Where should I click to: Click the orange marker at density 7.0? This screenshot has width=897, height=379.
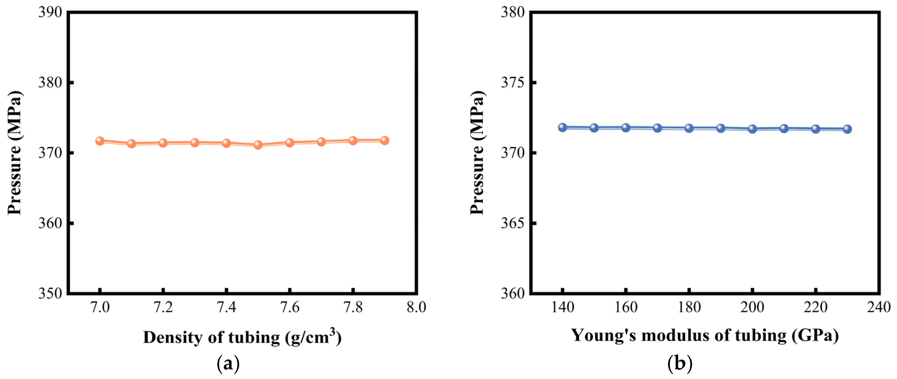pos(100,141)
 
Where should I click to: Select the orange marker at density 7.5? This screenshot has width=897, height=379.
pos(258,145)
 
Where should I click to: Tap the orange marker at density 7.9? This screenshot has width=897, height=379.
pos(384,141)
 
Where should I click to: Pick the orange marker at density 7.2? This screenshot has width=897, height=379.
pos(163,143)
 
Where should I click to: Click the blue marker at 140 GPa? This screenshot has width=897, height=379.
pos(562,127)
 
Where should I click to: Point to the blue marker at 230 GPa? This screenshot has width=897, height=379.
pos(847,129)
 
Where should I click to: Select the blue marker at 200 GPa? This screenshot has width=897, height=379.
pos(752,129)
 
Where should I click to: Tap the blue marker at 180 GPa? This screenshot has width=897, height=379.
pos(689,128)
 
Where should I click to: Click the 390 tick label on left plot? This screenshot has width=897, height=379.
pos(50,12)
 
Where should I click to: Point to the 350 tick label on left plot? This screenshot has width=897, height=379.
pos(50,294)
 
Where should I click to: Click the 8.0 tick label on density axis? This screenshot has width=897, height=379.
pos(416,308)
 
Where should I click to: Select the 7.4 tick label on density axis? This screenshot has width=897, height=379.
pos(226,308)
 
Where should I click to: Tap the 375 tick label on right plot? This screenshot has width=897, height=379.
pos(512,83)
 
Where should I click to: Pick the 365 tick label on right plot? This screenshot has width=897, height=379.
pos(512,223)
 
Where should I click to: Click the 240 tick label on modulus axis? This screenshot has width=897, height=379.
pos(879,308)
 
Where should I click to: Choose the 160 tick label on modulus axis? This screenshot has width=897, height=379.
pos(626,308)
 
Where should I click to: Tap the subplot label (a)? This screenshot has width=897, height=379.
pos(228,364)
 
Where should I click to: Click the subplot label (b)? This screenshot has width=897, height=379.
pos(680,364)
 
